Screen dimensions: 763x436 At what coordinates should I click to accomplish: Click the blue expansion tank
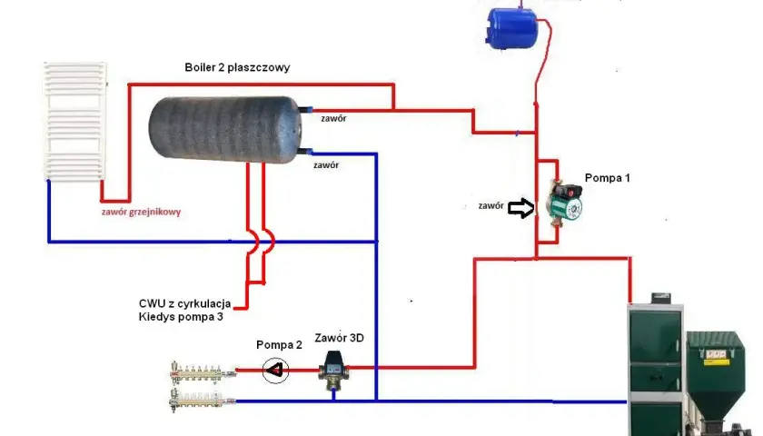(x=512, y=29)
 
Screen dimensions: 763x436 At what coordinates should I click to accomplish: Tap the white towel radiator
(x=74, y=121)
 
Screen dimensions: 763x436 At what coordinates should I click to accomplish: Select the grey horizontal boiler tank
(x=225, y=129)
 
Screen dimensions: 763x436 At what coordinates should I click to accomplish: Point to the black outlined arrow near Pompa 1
(x=520, y=208)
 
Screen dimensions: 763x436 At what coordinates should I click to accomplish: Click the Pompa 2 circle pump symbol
(x=275, y=371)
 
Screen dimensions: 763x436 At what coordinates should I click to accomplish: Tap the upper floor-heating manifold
(x=203, y=372)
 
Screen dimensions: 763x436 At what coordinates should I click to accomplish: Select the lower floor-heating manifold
(x=202, y=400)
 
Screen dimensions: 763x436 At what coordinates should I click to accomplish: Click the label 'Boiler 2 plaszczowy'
(x=237, y=67)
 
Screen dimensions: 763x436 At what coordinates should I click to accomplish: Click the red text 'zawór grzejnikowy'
(x=141, y=213)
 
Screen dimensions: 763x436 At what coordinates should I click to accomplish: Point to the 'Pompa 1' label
(x=608, y=178)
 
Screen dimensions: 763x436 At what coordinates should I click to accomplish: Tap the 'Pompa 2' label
(x=280, y=345)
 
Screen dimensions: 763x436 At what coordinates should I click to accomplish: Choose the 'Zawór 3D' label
(x=339, y=338)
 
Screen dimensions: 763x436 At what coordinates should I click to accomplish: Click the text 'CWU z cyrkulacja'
(x=185, y=303)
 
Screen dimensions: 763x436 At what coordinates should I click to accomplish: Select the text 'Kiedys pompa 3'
(x=181, y=317)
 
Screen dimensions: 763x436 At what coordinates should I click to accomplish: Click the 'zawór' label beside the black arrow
(x=491, y=206)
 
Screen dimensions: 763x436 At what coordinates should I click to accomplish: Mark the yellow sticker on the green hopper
(x=718, y=357)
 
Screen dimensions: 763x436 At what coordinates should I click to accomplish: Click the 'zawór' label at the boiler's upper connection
(x=334, y=118)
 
